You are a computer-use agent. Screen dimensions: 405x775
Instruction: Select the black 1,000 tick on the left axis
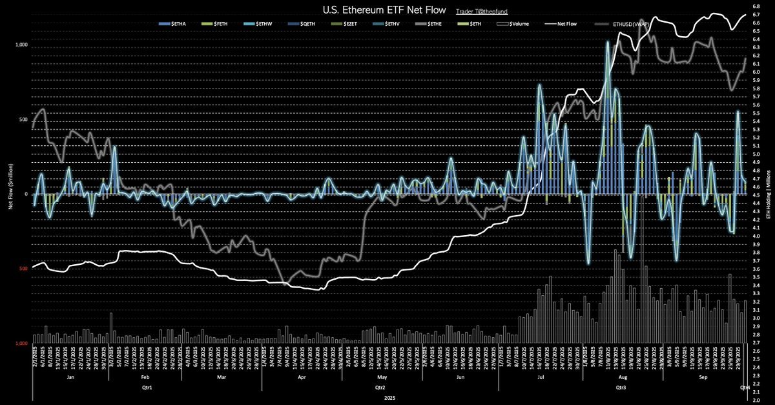22,45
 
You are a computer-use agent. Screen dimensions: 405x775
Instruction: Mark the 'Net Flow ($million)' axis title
10,194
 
